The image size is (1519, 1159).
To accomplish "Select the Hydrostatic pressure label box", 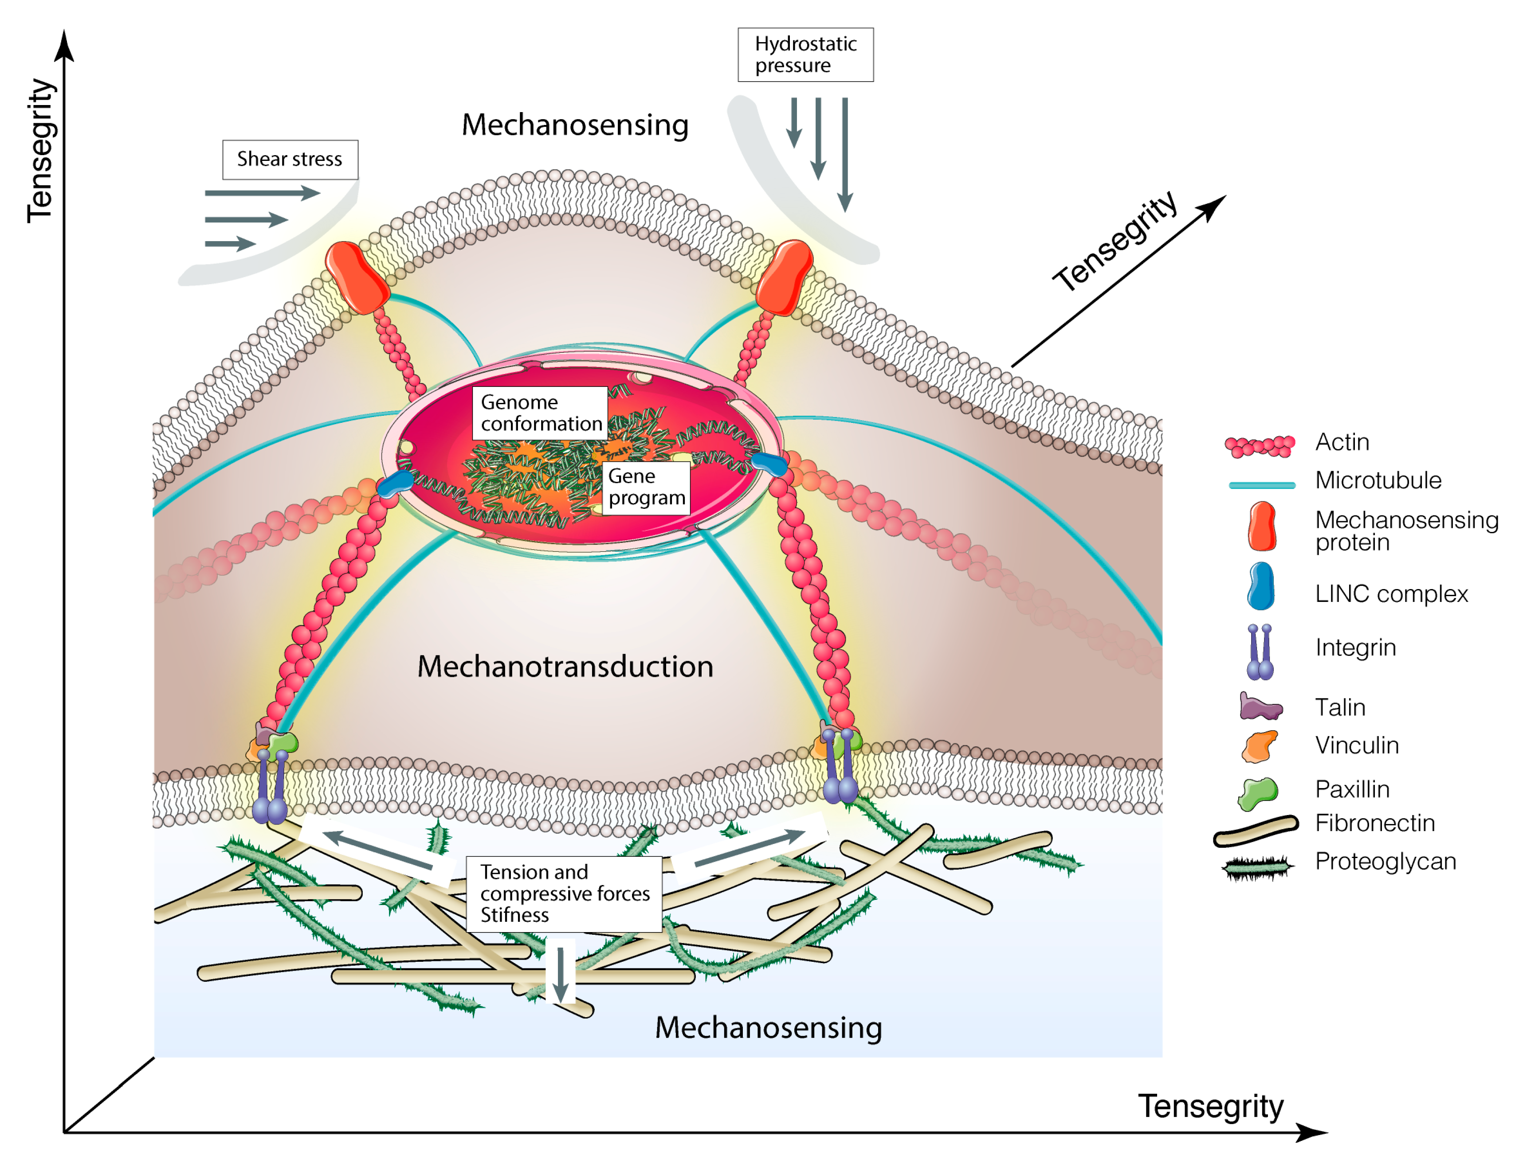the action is tap(805, 55).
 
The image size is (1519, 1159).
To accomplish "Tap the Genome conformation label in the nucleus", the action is tap(540, 413).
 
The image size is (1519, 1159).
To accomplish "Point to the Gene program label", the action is tap(646, 488).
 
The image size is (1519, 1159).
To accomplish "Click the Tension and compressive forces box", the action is tap(564, 894).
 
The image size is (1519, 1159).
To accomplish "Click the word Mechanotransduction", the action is tap(565, 667).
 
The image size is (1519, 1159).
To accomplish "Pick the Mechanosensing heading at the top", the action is tap(575, 125).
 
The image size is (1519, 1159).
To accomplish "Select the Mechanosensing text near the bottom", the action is tap(768, 1028).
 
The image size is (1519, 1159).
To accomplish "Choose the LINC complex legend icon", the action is tap(1261, 586).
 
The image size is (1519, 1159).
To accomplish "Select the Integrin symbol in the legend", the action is tap(1260, 652).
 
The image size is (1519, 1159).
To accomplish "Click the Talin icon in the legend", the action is tap(1260, 706).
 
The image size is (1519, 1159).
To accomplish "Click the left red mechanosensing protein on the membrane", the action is tap(357, 277).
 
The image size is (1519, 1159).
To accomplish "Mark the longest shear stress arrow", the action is tap(262, 193).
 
